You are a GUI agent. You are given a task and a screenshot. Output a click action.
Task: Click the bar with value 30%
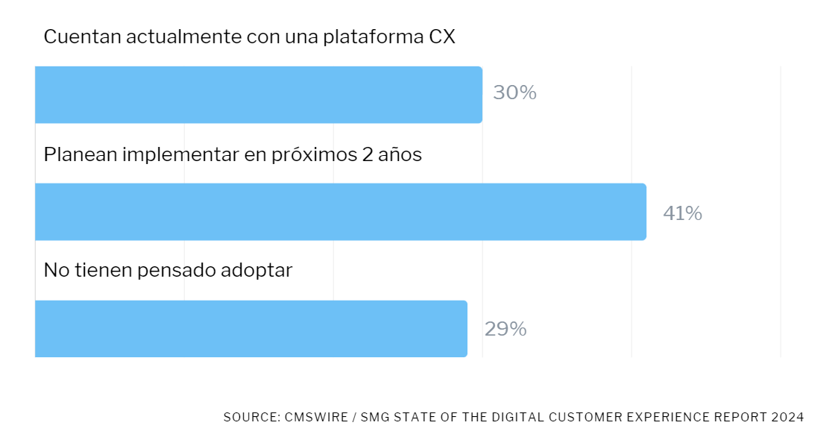[x=258, y=95]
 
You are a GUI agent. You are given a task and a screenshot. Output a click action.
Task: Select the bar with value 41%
[x=340, y=212]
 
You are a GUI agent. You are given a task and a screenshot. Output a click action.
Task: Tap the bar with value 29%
[x=251, y=328]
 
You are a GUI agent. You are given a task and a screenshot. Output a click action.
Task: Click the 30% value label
[x=514, y=93]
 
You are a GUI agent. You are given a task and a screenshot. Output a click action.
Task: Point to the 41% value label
[x=682, y=214]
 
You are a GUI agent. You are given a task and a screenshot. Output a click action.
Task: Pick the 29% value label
[x=505, y=329]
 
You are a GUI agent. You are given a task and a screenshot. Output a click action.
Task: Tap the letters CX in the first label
[x=442, y=37]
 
